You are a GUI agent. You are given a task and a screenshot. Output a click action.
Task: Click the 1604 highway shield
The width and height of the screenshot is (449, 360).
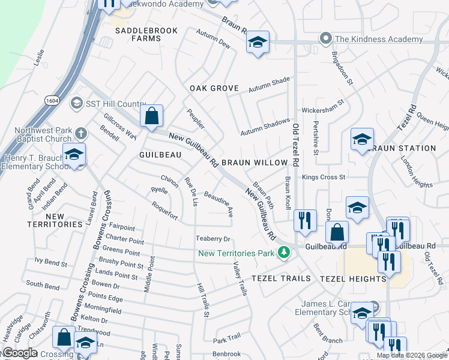point(51,103)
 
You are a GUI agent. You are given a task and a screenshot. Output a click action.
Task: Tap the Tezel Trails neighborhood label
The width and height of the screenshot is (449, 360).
point(281,278)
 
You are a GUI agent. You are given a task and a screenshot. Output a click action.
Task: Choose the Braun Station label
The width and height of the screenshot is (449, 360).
point(403,148)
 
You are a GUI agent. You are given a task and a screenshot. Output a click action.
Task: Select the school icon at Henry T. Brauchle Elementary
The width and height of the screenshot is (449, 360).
point(74,154)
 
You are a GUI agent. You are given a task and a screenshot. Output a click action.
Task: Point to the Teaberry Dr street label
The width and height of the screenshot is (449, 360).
point(213,239)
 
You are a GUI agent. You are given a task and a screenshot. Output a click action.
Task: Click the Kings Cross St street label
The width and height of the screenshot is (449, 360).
point(324,177)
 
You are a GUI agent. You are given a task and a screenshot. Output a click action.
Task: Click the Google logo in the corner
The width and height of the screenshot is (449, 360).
point(20,353)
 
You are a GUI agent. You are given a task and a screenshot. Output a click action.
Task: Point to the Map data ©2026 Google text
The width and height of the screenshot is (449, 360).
point(411,355)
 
